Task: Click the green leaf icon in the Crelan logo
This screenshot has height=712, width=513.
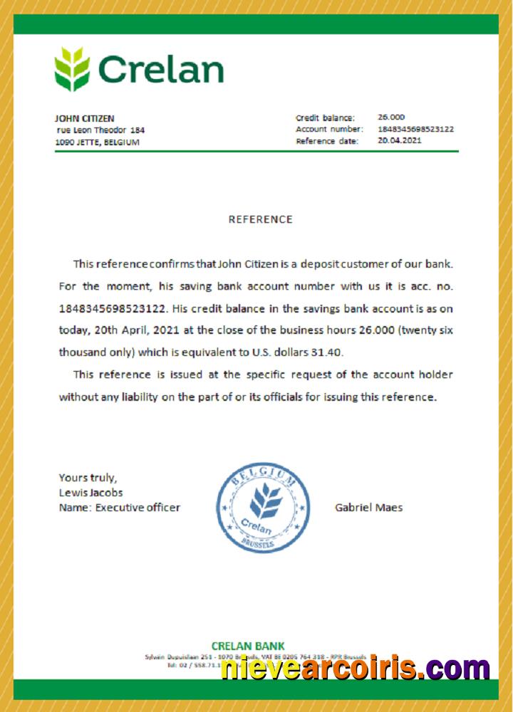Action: coord(72,69)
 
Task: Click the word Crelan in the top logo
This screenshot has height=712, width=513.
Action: coord(161,70)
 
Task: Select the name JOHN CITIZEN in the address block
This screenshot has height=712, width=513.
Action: coord(84,118)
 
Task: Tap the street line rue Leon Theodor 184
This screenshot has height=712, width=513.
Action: coord(100,130)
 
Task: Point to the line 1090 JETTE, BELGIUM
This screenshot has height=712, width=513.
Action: coord(97,142)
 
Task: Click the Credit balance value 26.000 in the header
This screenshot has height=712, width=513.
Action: coord(391,117)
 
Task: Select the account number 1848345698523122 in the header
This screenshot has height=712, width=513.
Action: coord(415,129)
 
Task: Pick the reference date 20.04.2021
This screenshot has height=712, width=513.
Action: coord(400,140)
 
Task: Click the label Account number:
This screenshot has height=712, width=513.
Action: coord(329,129)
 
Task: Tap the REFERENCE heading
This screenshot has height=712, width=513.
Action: coord(260,219)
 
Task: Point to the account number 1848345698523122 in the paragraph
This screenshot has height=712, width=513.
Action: coord(113,309)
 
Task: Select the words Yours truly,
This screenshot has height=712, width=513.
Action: coord(88,478)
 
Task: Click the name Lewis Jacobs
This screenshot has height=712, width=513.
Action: coord(90,493)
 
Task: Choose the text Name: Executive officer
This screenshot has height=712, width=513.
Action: coord(119,508)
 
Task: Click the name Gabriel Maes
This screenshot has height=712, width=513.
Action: coord(368,508)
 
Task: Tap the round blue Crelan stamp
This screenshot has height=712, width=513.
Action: coord(263,506)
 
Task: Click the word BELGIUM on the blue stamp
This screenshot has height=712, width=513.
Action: coord(266,472)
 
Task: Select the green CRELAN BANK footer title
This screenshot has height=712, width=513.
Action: coord(248,646)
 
